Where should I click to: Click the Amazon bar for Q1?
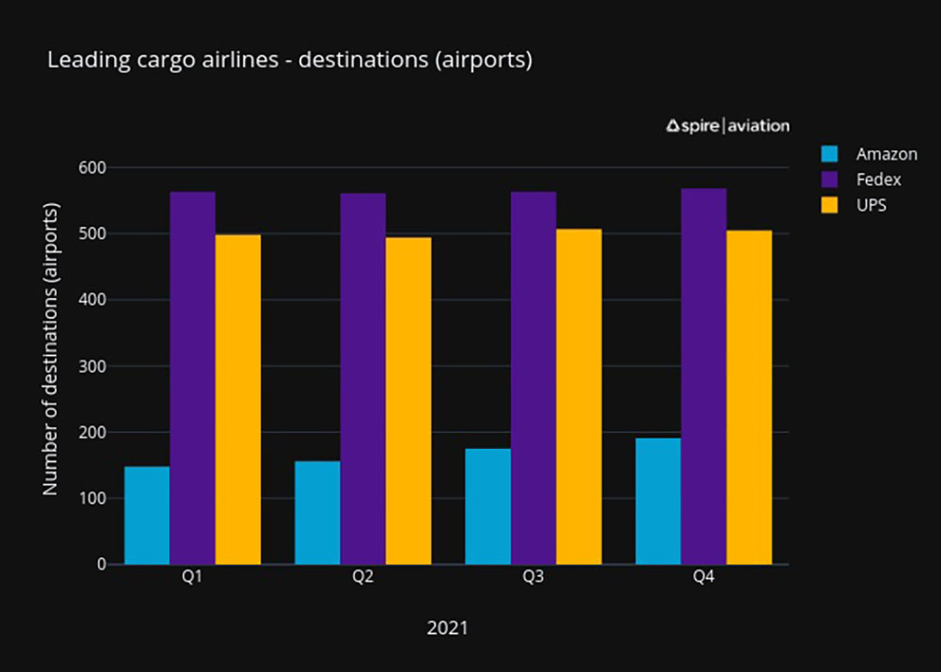coord(147,516)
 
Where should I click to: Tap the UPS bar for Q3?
coord(579,396)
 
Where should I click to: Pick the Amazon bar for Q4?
coord(658,501)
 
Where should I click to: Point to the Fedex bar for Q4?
coord(704,376)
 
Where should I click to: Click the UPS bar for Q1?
coord(238,399)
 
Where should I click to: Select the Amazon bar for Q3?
coord(487,506)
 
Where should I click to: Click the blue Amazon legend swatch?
coord(829,154)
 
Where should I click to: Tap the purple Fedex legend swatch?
coord(829,180)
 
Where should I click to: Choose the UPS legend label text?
coord(871,205)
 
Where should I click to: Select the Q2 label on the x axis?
coord(362,578)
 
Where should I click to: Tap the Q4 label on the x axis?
coord(703,578)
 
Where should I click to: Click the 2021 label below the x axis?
coord(447,628)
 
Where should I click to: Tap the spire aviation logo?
coord(727,125)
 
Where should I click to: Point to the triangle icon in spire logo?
coord(673,125)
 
